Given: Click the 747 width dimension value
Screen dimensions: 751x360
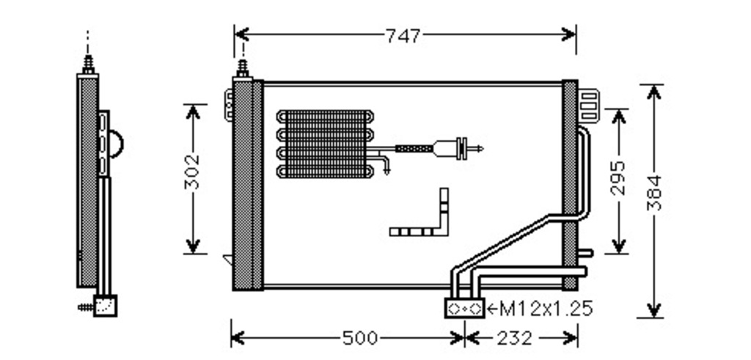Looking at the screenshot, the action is (403, 36).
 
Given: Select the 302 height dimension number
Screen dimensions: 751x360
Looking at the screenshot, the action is (193, 172).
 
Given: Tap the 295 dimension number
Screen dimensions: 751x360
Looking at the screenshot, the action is (618, 177).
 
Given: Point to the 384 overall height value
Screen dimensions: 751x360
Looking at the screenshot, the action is (653, 193).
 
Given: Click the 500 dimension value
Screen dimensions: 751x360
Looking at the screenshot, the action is (360, 339).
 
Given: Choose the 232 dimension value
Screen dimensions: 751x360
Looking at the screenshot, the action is (514, 339).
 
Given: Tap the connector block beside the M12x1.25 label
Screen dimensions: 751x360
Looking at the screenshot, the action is (464, 308).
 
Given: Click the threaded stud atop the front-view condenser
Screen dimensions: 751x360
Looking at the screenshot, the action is (243, 68).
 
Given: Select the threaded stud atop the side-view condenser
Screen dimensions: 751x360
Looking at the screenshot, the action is (88, 65).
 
